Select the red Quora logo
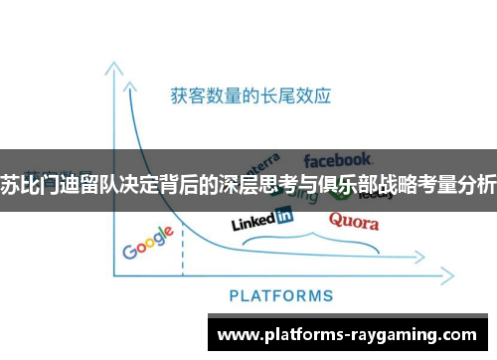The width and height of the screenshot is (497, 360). pos(353,221)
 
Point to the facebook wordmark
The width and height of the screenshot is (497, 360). pos(338,159)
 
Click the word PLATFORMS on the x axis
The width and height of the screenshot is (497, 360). pos(281,295)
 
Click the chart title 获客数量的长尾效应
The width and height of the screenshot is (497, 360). pos(249,96)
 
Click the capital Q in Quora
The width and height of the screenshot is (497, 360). pos(337,221)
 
